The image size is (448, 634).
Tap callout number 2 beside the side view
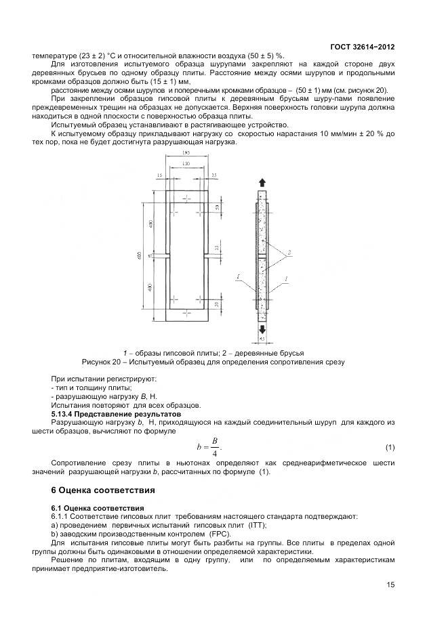(x=289, y=251)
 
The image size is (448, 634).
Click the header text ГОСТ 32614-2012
(x=362, y=47)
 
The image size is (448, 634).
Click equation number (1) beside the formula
(x=390, y=448)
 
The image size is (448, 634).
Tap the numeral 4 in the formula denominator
(x=214, y=454)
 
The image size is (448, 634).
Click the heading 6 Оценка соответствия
(x=104, y=490)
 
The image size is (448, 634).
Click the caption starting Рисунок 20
(x=213, y=362)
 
